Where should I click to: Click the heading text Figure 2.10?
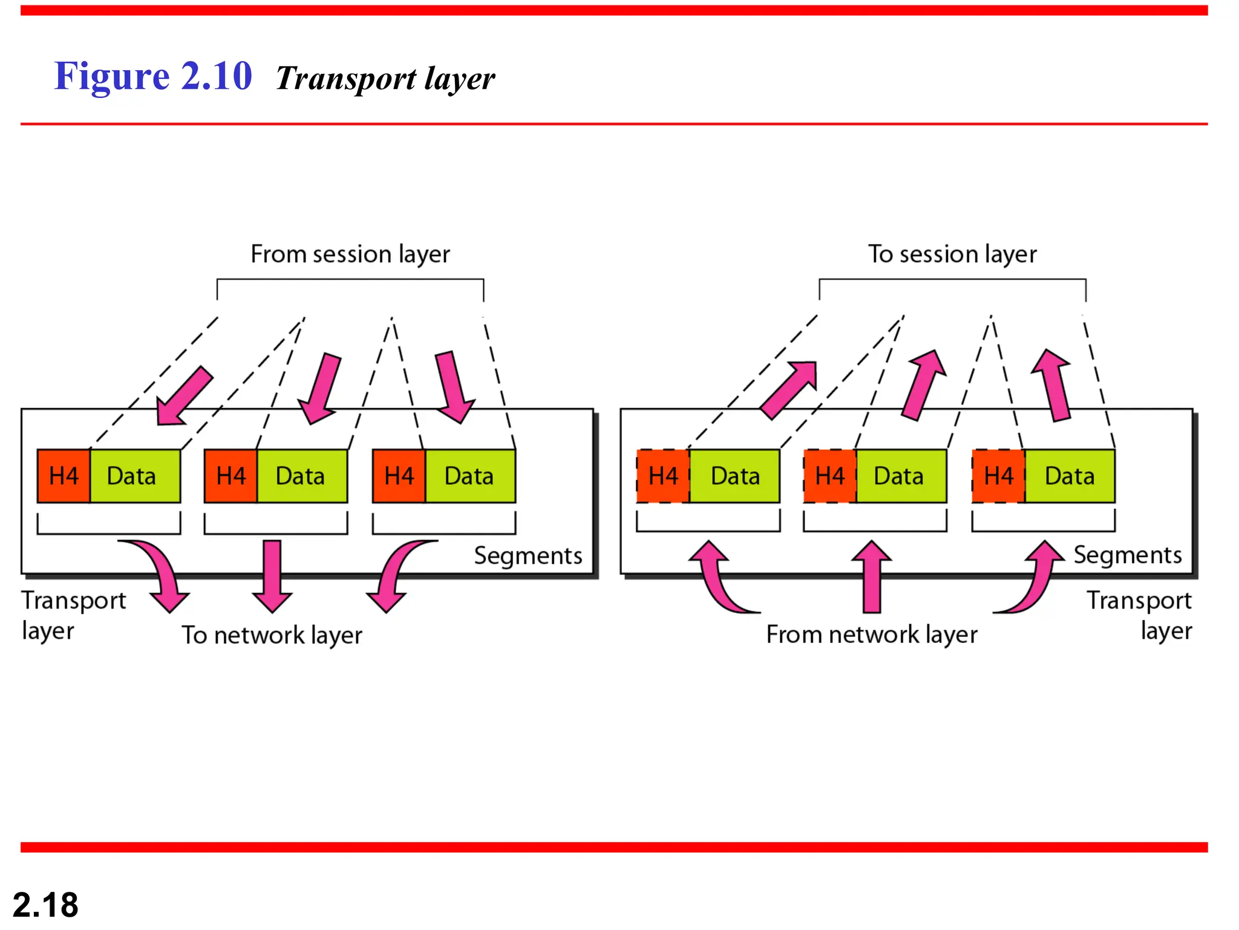click(153, 77)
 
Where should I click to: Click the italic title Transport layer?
click(385, 79)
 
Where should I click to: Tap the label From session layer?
click(350, 254)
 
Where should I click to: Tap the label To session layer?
click(952, 254)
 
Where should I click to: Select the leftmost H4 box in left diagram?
click(64, 476)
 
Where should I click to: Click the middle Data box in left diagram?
click(301, 476)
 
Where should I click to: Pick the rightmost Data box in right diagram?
click(1070, 476)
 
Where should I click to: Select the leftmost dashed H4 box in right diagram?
click(663, 476)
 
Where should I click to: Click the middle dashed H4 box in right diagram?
click(830, 476)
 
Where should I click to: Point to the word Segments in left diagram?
click(528, 556)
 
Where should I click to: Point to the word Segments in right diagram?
click(1128, 555)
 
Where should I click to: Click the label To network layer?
click(272, 635)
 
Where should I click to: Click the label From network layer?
click(872, 635)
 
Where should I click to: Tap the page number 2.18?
click(45, 905)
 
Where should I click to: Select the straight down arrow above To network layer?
click(272, 575)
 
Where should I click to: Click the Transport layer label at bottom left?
click(73, 615)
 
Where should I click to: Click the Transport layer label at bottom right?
click(1140, 615)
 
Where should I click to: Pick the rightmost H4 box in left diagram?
click(399, 476)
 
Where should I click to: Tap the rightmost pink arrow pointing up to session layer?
click(1054, 384)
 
